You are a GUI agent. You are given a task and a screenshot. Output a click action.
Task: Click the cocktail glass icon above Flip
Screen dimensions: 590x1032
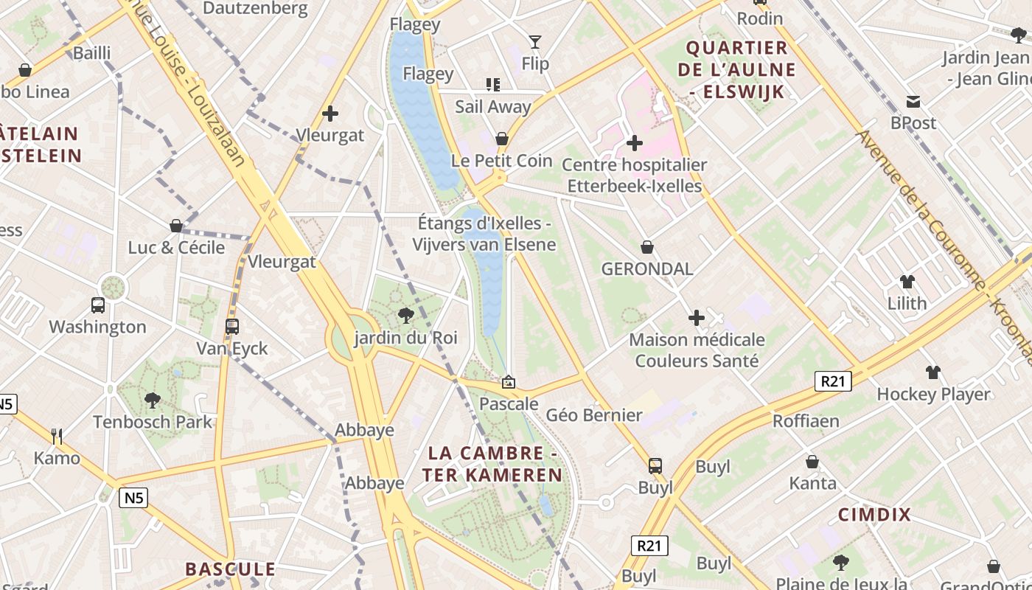535,42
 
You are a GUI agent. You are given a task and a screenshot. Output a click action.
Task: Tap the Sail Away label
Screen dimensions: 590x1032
492,106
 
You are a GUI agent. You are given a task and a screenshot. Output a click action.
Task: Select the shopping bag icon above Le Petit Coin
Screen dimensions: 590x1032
502,139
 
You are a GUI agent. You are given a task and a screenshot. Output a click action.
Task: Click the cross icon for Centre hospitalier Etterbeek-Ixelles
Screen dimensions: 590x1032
634,143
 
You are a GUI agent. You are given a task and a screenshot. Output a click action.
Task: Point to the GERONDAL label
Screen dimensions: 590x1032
647,268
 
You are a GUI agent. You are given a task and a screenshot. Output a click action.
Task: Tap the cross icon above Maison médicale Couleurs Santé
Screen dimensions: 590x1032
696,318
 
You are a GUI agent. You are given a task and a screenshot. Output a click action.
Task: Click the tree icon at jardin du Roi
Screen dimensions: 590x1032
405,316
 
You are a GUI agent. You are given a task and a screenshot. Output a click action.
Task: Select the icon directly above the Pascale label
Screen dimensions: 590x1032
508,382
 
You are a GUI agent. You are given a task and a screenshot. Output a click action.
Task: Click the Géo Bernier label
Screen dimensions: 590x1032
594,415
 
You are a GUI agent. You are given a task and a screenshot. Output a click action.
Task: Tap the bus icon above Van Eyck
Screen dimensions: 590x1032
232,326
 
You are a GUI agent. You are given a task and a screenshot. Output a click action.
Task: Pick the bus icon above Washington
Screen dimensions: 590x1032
97,305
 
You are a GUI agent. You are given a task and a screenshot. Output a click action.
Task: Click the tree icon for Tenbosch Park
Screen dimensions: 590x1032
153,400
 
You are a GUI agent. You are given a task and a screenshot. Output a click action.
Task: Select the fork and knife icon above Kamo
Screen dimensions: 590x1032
57,437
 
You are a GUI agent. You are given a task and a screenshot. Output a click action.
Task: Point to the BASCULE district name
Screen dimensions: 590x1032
230,569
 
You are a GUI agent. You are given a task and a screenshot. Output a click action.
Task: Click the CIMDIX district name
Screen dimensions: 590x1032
874,515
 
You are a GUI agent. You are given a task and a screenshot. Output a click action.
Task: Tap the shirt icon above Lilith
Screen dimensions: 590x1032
907,282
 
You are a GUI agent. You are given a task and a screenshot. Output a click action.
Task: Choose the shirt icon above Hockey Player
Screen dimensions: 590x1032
933,372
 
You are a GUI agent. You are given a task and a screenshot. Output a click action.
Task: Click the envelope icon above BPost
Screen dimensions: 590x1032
913,102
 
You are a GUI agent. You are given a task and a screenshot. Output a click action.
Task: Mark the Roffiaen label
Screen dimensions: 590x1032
806,421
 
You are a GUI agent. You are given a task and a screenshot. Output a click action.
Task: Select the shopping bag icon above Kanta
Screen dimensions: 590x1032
812,462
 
